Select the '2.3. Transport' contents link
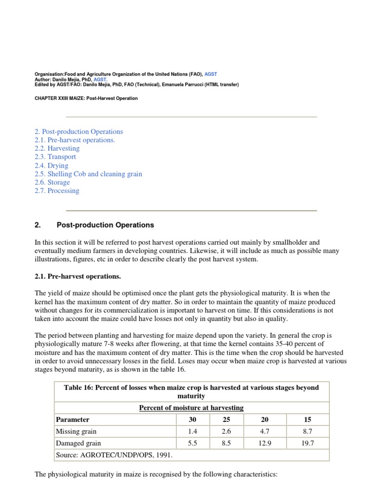tap(55, 157)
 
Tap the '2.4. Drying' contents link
tap(51, 165)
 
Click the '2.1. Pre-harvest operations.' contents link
tap(75, 140)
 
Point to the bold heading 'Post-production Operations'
tap(105, 225)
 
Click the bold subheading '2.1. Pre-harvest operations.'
tap(77, 276)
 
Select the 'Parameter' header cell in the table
tap(73, 419)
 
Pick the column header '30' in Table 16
tap(192, 419)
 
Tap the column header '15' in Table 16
tap(308, 419)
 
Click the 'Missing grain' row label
tap(76, 431)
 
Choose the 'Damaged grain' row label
tap(78, 443)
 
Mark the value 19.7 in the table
tap(308, 443)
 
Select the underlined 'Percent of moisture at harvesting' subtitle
tap(191, 407)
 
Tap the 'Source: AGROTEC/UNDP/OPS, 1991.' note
tap(114, 455)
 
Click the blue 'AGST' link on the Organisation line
tap(211, 74)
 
